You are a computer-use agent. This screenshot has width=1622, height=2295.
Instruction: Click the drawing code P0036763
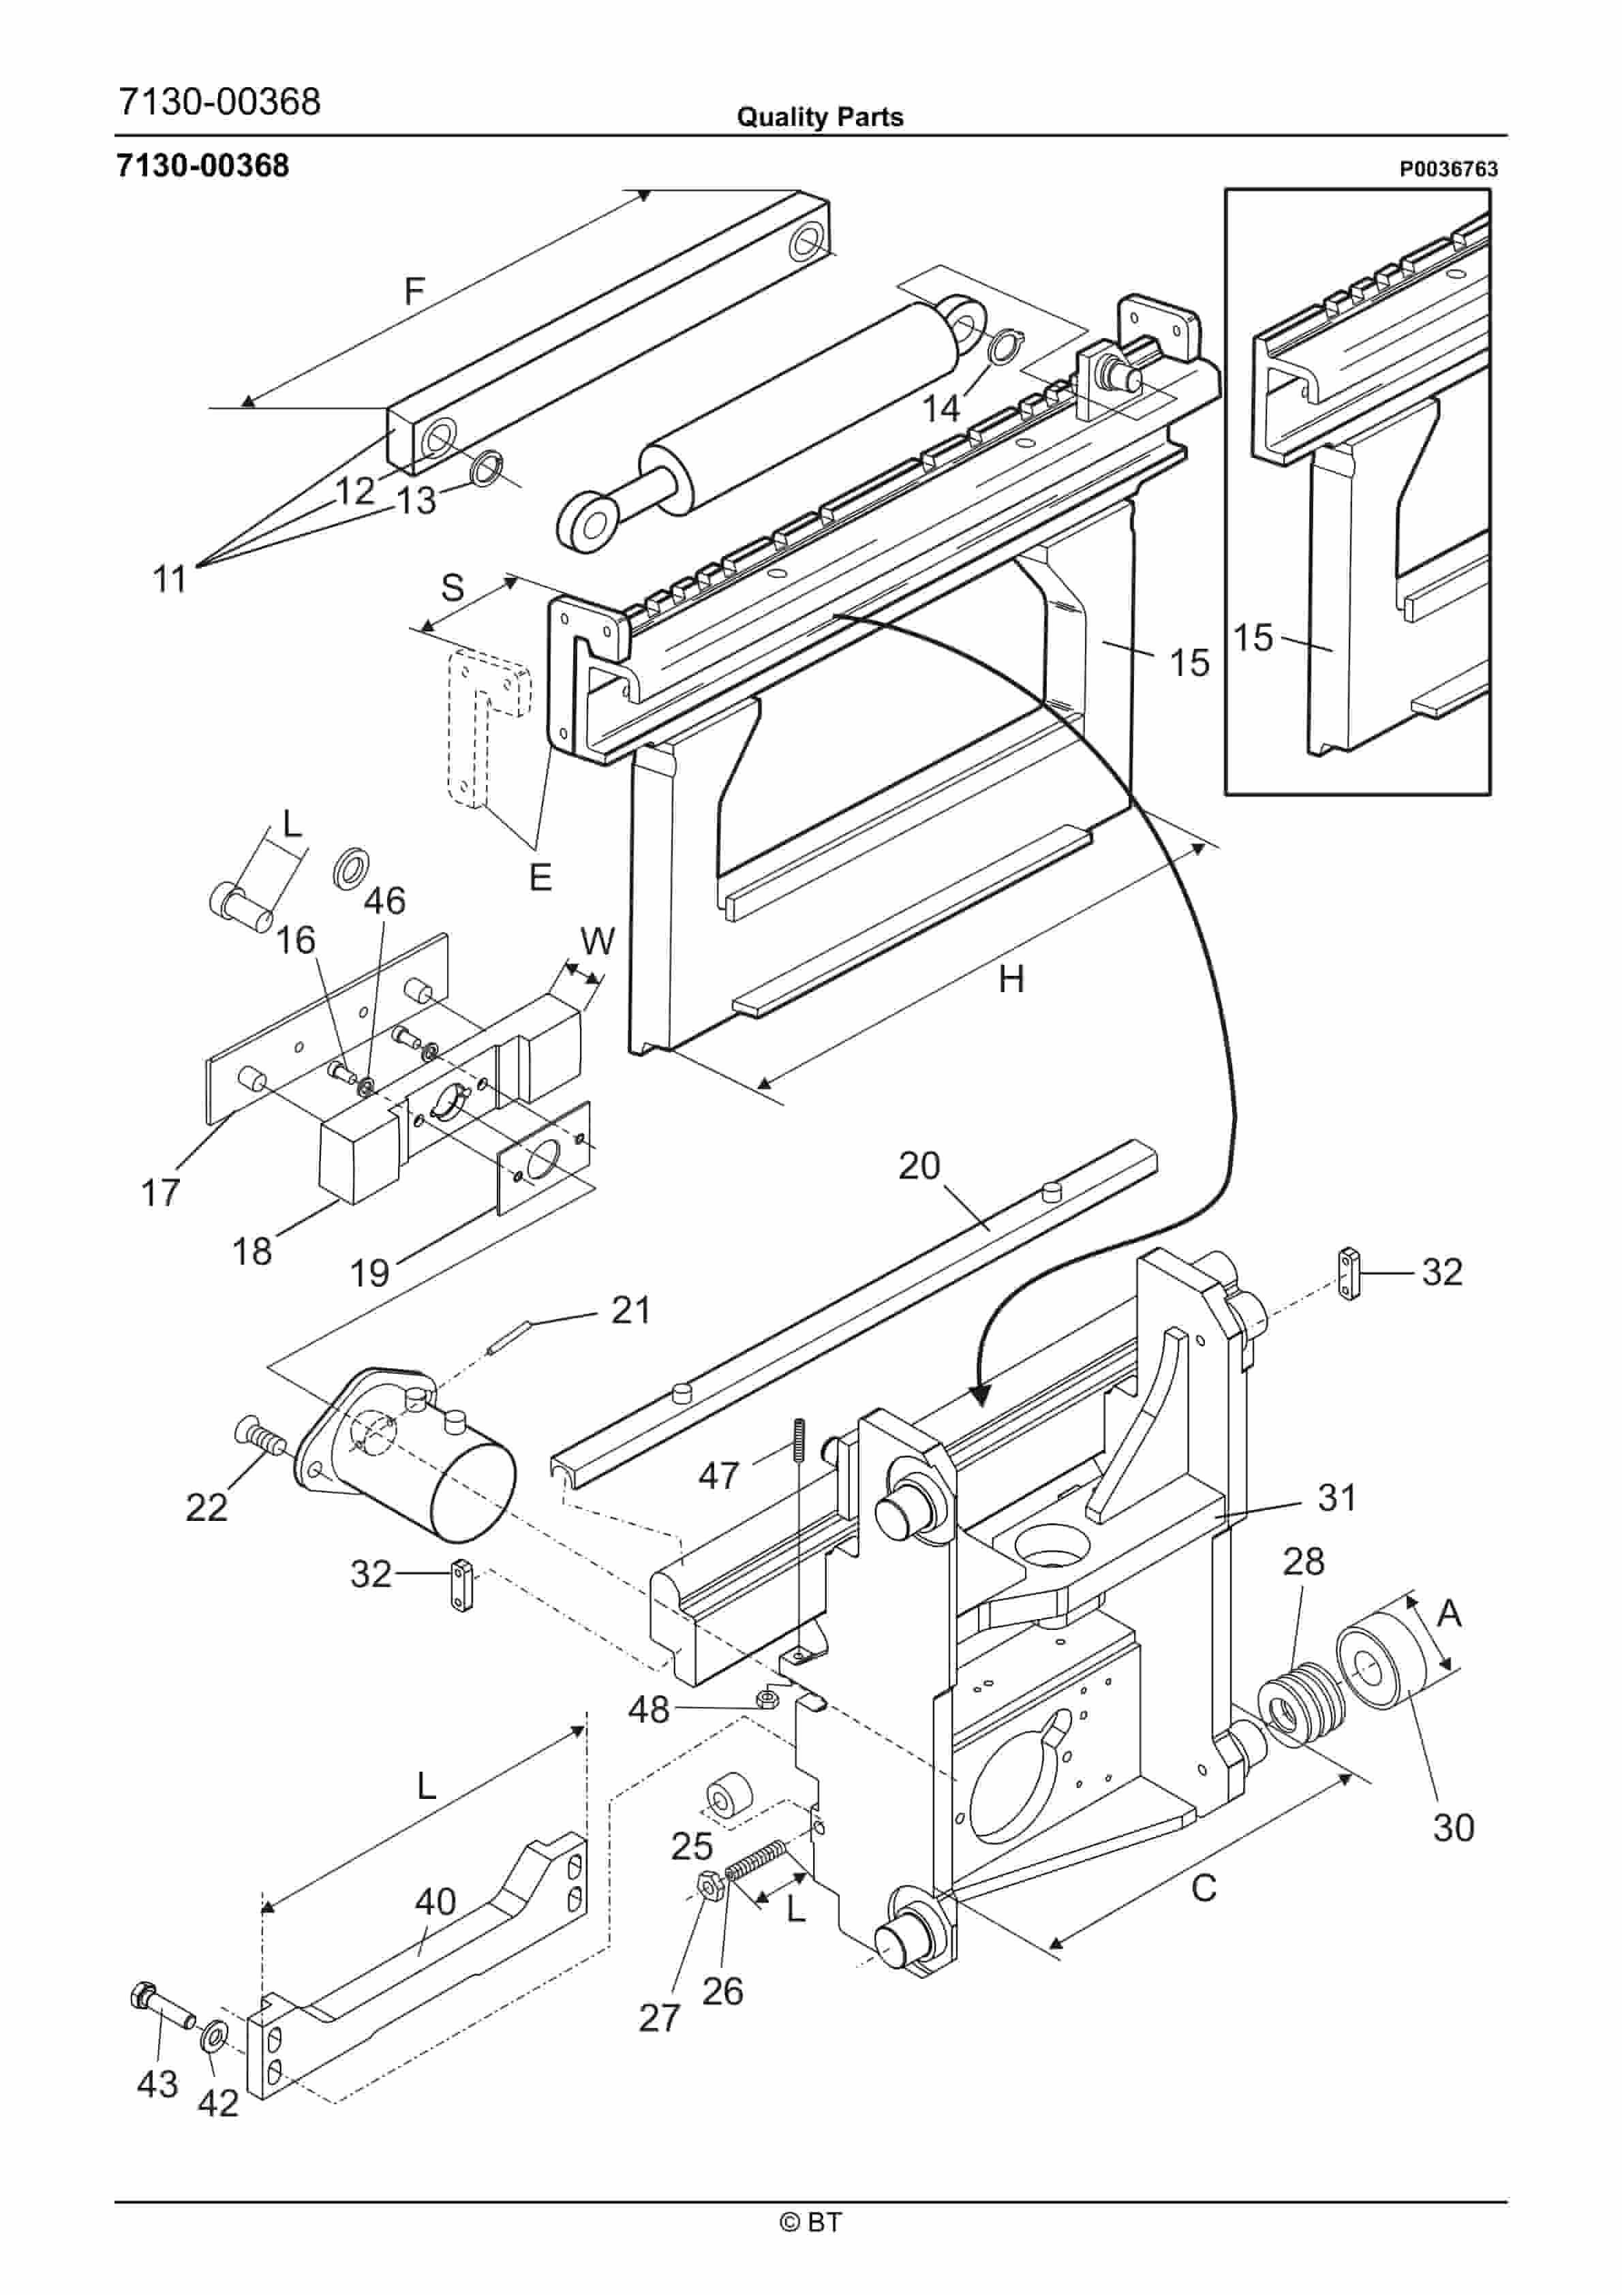(1448, 169)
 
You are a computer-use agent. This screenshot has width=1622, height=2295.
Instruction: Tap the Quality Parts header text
(819, 117)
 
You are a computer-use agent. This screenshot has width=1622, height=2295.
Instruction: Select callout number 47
(718, 1475)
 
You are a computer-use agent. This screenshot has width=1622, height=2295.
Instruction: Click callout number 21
(631, 1310)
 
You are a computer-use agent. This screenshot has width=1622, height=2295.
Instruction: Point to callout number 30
(1453, 1827)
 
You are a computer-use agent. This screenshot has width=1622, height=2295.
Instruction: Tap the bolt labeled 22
(262, 1439)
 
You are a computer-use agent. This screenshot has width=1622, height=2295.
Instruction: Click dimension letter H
(1011, 979)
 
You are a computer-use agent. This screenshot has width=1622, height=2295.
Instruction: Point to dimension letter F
(414, 291)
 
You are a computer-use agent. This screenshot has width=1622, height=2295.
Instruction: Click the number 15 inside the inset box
(1252, 636)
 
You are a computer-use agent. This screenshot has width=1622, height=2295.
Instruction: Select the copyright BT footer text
(810, 2222)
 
